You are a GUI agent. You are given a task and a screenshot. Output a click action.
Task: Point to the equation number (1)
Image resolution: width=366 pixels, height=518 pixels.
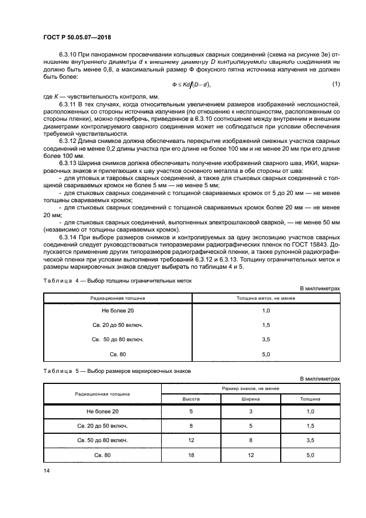click(x=335, y=84)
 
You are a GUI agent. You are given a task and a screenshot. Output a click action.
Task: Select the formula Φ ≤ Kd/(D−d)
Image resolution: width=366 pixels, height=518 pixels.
click(x=192, y=84)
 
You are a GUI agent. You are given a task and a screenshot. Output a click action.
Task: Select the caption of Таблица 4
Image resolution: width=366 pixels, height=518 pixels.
click(x=117, y=281)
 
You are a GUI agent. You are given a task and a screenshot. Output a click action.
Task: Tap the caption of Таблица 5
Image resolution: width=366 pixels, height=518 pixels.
click(x=117, y=372)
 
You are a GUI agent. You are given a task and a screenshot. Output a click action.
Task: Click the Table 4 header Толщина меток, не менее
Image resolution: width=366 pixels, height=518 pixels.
click(x=265, y=299)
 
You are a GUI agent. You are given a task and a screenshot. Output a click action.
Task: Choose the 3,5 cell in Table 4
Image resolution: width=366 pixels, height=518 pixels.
click(x=265, y=339)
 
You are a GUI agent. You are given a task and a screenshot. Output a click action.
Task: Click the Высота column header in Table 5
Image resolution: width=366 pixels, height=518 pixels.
click(x=192, y=398)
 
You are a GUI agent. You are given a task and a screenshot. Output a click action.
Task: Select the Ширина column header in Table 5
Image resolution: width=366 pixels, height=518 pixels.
click(x=249, y=398)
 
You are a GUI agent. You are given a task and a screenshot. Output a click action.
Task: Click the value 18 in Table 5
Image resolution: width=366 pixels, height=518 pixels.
click(x=192, y=455)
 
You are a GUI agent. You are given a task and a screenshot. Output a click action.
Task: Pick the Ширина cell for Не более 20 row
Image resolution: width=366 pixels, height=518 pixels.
click(x=249, y=412)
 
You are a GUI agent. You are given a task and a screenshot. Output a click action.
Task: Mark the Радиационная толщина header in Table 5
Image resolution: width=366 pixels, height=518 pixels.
click(x=102, y=394)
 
